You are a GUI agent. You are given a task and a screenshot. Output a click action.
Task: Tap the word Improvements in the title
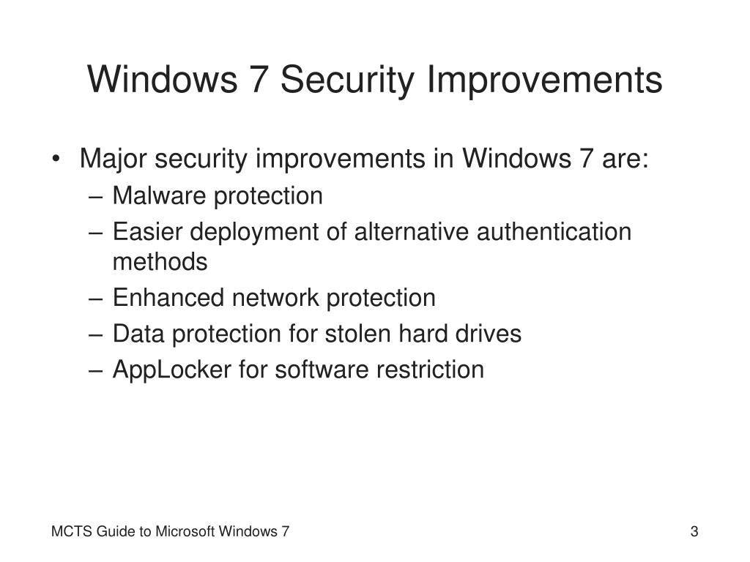[x=545, y=80]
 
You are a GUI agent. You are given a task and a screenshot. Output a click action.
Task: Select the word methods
[x=160, y=261]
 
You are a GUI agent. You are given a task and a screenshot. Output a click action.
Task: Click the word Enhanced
[x=168, y=298]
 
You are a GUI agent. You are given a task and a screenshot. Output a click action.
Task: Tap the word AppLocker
[x=171, y=370]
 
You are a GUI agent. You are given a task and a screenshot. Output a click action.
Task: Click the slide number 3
[x=694, y=532]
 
